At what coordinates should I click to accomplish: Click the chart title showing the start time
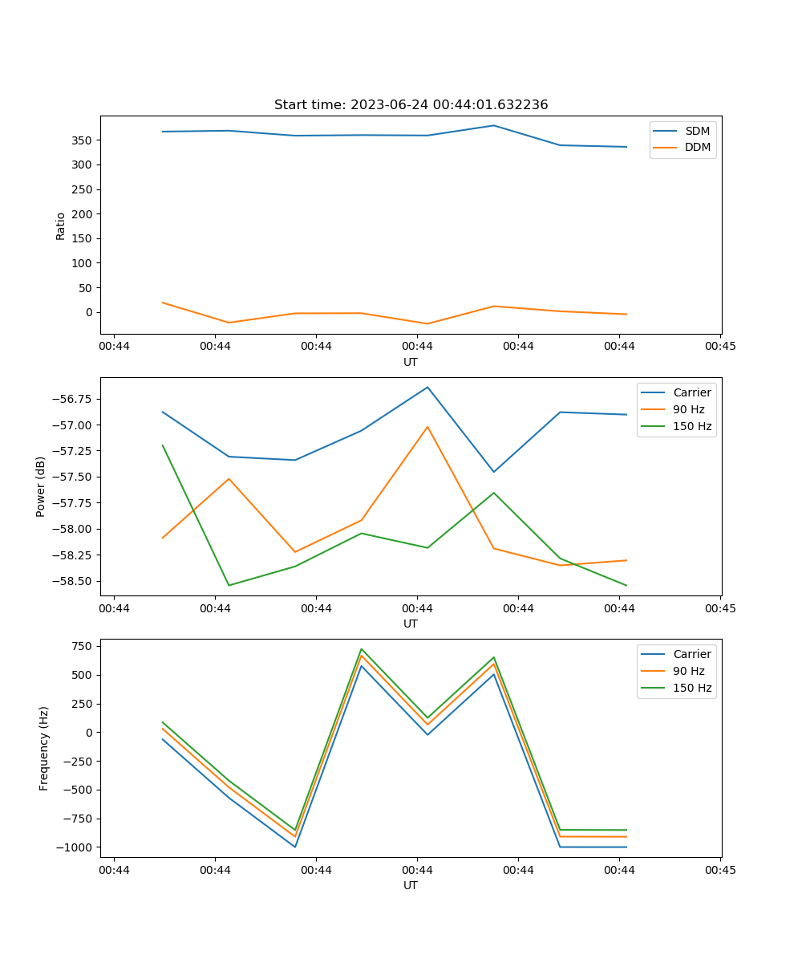point(411,104)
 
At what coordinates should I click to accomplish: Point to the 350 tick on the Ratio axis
point(82,140)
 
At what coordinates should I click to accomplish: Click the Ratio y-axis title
point(60,226)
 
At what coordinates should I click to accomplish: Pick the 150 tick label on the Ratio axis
point(82,238)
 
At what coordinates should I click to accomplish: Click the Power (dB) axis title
point(41,486)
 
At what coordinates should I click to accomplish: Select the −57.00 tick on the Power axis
point(72,425)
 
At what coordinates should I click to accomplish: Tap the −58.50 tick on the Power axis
point(72,581)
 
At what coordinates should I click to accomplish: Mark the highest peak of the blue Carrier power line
point(427,387)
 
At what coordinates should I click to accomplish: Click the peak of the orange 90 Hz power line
point(427,427)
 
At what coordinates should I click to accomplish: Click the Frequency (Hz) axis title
point(43,748)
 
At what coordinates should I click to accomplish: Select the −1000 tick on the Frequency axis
point(75,847)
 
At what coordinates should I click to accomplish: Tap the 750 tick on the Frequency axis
point(82,646)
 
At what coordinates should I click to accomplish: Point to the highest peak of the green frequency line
point(362,649)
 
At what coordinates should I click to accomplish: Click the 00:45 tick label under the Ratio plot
point(720,346)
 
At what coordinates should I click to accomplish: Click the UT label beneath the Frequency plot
point(410,885)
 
